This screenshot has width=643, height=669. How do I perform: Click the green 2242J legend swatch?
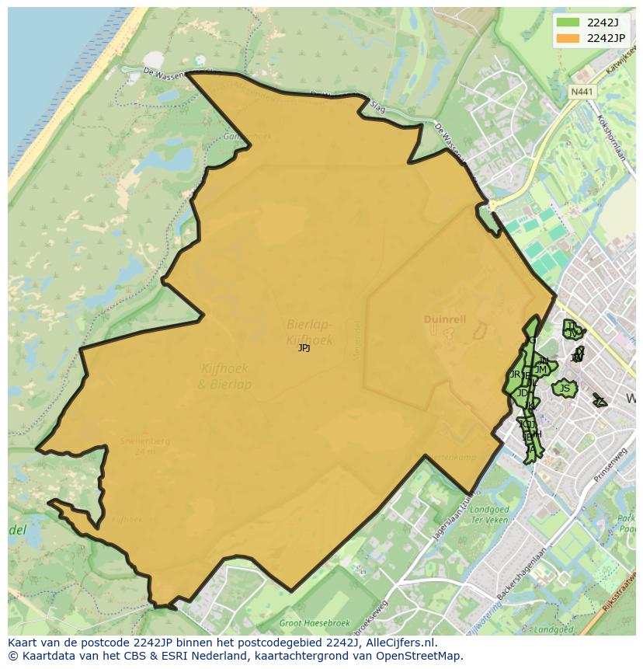(568, 22)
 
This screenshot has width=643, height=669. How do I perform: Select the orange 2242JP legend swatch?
(568, 38)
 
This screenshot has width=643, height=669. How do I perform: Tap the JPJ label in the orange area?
(304, 348)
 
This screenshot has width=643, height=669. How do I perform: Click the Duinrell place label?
(445, 319)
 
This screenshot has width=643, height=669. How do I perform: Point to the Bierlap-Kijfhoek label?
(309, 333)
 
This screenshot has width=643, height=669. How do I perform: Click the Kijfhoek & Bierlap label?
(225, 376)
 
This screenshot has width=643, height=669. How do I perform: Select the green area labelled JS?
(565, 388)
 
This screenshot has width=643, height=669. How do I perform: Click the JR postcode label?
(515, 375)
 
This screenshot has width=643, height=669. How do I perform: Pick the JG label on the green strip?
(530, 340)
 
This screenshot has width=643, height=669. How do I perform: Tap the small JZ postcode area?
(600, 401)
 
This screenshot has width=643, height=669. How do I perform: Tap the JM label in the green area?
(540, 370)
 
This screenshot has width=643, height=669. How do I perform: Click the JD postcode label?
(522, 393)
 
